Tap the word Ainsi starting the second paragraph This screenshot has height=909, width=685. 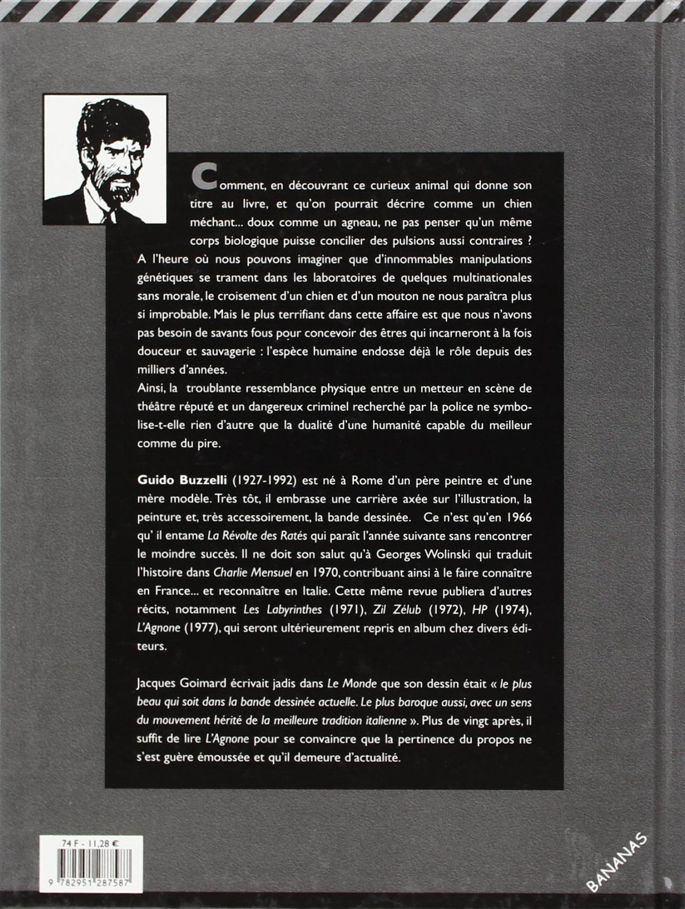(x=150, y=389)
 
